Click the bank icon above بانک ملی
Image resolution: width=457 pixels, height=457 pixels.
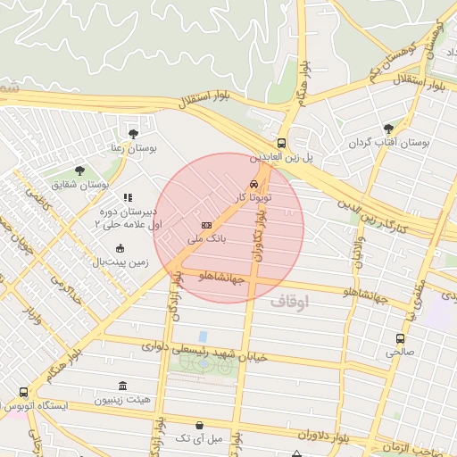pos(207,225)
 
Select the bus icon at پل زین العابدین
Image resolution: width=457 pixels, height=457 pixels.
pos(282,143)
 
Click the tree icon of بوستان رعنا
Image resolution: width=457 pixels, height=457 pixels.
pos(134,134)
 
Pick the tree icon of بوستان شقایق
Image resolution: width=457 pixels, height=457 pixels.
pos(80,170)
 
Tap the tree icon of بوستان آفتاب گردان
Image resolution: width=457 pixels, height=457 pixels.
pos(388,129)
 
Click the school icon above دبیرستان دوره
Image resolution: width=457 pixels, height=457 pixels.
pos(128,197)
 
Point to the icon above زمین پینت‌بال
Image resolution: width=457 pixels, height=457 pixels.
pos(120,248)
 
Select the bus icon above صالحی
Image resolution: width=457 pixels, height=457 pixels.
pos(399,338)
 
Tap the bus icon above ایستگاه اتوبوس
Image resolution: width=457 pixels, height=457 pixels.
pos(23,392)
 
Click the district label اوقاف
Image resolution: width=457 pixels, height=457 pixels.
pos(287,303)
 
